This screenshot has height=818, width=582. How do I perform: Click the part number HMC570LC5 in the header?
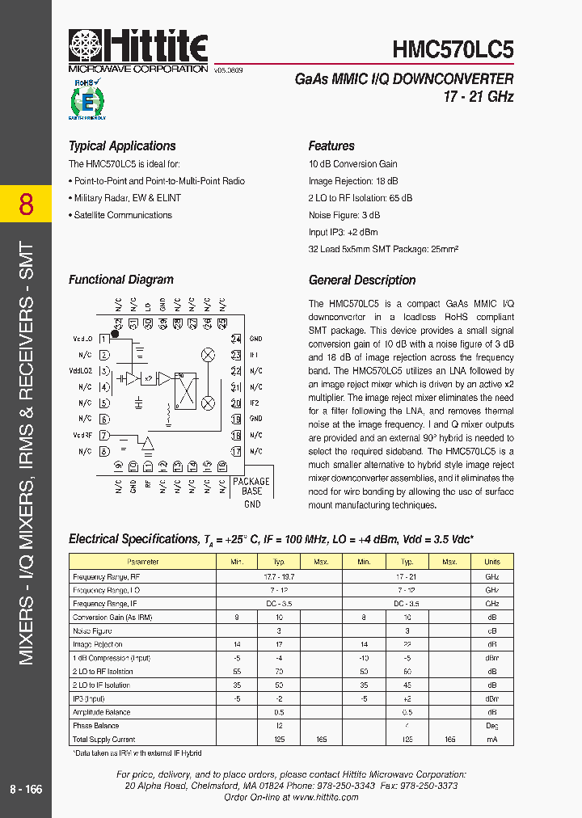click(453, 50)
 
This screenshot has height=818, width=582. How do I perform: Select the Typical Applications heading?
click(122, 146)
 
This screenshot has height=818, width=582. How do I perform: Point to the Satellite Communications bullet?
click(122, 215)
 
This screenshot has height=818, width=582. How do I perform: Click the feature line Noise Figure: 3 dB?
click(344, 215)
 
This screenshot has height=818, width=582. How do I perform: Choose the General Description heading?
click(362, 280)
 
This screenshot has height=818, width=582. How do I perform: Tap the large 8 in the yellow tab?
click(26, 204)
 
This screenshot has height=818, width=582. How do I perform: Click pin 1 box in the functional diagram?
click(105, 339)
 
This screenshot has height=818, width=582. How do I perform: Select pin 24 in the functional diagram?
click(236, 339)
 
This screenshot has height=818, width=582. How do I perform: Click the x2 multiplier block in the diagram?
click(150, 378)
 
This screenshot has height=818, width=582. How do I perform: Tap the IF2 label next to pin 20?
click(255, 403)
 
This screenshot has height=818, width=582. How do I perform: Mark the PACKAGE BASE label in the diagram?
click(252, 486)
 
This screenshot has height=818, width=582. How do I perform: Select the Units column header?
click(492, 562)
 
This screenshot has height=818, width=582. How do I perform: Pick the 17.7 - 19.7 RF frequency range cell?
click(279, 576)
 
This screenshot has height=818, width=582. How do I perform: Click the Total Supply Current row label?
click(104, 739)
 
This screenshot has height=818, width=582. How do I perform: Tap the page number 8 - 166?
click(26, 789)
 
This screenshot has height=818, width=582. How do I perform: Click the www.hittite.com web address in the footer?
click(325, 797)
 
